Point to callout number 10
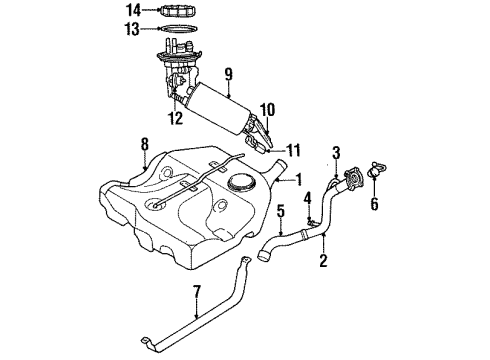pyautogui.click(x=267, y=109)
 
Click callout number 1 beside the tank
pyautogui.click(x=297, y=180)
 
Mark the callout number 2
pyautogui.click(x=323, y=262)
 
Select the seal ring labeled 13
pyautogui.click(x=176, y=30)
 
